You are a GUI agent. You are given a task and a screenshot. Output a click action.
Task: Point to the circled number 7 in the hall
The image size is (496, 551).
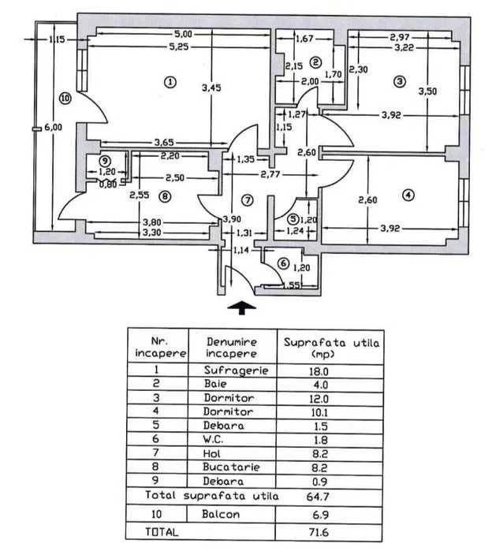tap(247, 199)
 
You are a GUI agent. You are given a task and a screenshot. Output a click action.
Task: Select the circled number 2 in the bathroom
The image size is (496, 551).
tap(315, 61)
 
